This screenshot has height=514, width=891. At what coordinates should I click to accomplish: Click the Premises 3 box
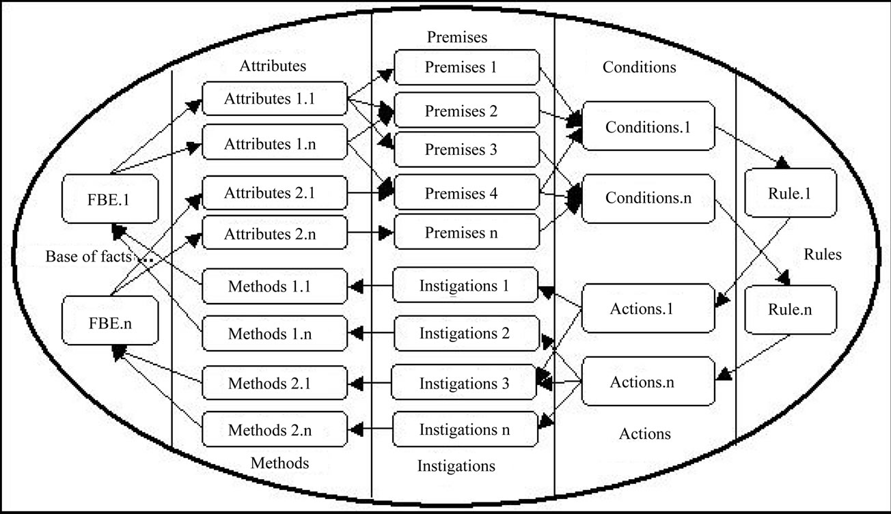point(461,150)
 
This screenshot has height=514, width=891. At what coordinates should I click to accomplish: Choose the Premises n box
point(461,233)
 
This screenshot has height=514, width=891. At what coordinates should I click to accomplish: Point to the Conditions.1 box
point(648,126)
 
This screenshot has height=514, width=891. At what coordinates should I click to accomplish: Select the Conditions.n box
point(648,198)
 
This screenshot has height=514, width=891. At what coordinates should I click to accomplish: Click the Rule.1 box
point(790,194)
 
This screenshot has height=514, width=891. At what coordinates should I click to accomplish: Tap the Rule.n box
point(790,309)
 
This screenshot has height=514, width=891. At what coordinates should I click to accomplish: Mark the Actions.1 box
point(642,309)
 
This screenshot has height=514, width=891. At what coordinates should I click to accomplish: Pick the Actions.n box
point(642,382)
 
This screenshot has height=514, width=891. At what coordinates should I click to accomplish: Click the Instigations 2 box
point(464,334)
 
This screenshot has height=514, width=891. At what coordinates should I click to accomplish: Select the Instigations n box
point(464,430)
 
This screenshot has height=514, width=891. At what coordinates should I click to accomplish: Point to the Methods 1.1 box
point(269,286)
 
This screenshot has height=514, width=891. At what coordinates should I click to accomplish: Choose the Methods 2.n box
point(269,431)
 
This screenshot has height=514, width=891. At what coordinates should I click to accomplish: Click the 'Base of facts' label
point(90,257)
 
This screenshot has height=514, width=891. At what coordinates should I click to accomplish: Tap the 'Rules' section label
point(823,255)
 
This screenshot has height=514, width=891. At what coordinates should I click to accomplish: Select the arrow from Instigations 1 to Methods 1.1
point(372,287)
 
